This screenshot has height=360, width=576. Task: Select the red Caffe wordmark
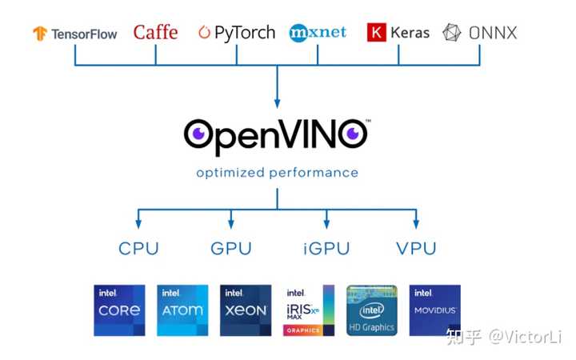pyautogui.click(x=155, y=33)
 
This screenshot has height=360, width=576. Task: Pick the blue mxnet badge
pyautogui.click(x=318, y=33)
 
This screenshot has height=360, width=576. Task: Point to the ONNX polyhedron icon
pyautogui.click(x=453, y=34)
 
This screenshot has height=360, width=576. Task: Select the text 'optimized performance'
pyautogui.click(x=278, y=173)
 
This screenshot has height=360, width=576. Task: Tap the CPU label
pyautogui.click(x=138, y=249)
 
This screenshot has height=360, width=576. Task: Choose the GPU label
pyautogui.click(x=231, y=249)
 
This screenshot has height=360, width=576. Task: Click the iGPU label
pyautogui.click(x=326, y=249)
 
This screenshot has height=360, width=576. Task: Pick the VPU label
pyautogui.click(x=416, y=249)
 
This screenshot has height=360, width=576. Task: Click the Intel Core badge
pyautogui.click(x=119, y=310)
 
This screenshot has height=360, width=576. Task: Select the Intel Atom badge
pyautogui.click(x=182, y=310)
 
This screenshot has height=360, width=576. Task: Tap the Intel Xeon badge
pyautogui.click(x=246, y=310)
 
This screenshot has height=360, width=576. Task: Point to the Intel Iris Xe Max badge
pyautogui.click(x=309, y=310)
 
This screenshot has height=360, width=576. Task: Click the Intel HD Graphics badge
pyautogui.click(x=371, y=310)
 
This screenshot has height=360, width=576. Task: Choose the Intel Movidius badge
pyautogui.click(x=434, y=310)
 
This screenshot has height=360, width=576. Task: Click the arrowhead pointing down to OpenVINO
pyautogui.click(x=278, y=102)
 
